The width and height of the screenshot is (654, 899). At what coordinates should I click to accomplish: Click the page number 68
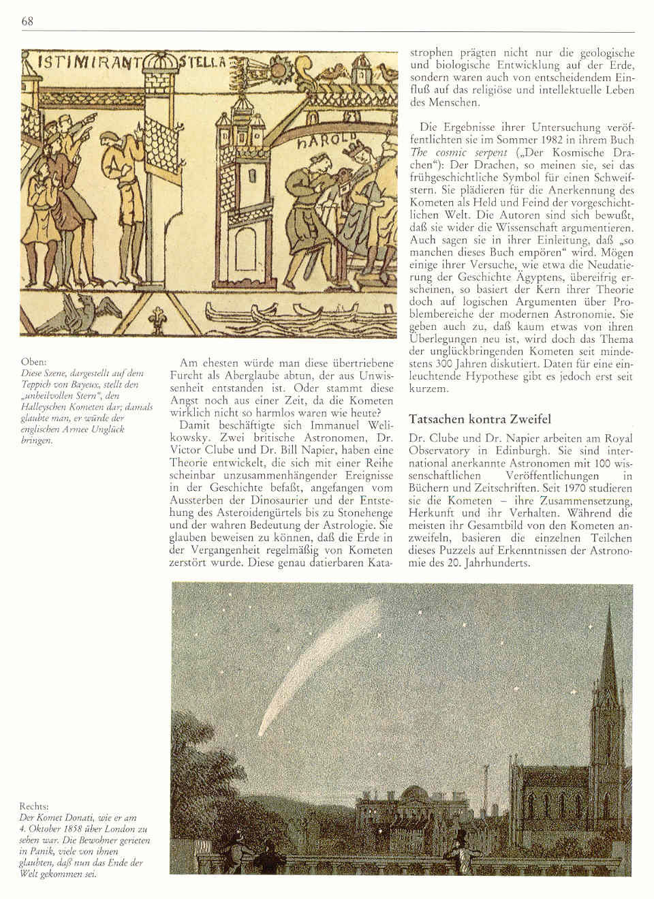27,21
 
